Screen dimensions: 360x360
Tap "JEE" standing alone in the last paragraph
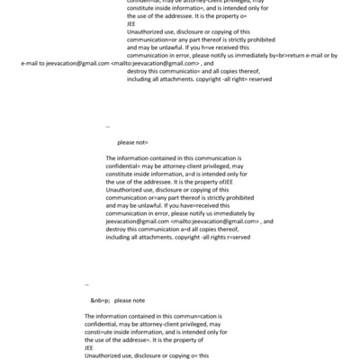tap(90, 348)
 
